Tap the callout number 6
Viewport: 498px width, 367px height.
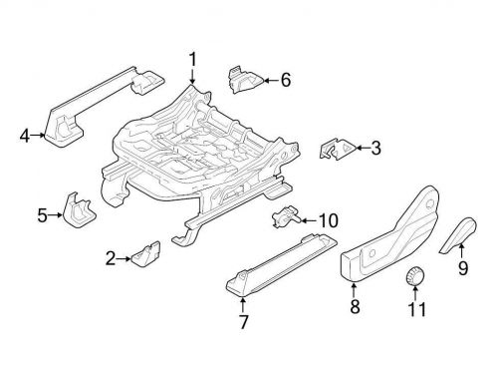coord(286,78)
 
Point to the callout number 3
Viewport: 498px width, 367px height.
coord(375,150)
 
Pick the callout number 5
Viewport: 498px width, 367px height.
coord(42,212)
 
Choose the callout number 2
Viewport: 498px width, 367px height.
coord(112,260)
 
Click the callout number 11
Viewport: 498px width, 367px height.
coord(415,309)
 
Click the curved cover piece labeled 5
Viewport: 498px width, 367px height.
coord(79,206)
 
